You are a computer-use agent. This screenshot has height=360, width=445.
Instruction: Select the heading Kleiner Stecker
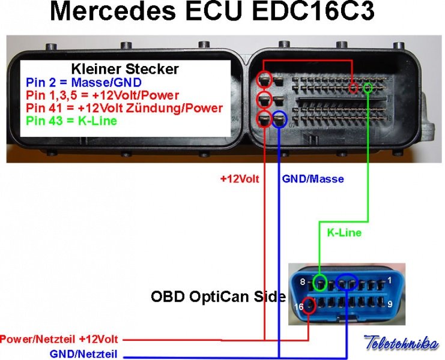[x=125, y=69]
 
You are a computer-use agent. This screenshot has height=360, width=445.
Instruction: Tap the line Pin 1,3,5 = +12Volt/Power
[x=102, y=95]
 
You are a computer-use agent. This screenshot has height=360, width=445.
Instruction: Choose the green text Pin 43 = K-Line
[x=71, y=121]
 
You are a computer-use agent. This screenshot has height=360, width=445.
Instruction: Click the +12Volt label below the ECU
[x=240, y=178]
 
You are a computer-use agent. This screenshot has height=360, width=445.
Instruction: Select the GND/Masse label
[x=313, y=178]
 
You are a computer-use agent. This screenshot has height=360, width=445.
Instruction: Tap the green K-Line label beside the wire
[x=344, y=232]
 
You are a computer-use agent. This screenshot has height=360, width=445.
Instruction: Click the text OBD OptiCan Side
[x=217, y=296]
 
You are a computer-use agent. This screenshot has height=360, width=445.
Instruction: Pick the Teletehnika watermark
[x=401, y=343]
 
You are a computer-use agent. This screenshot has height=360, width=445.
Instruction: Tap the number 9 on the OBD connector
[x=390, y=304]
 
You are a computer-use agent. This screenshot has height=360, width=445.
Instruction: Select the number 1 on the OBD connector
[x=390, y=280]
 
